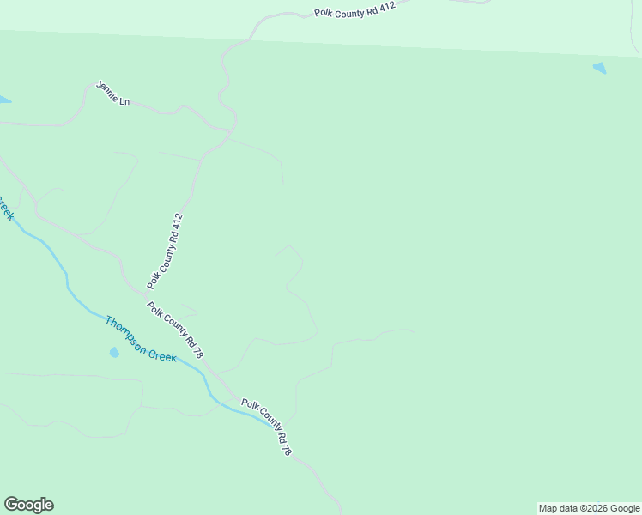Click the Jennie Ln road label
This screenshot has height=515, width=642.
(112, 94)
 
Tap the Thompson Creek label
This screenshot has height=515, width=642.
(141, 339)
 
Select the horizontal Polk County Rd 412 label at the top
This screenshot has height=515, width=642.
(355, 9)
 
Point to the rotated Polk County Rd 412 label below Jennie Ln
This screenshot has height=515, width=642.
(166, 251)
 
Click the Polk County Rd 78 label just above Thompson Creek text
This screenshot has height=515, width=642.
(175, 330)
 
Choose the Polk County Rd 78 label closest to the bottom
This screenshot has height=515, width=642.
(267, 427)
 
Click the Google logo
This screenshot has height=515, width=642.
(28, 505)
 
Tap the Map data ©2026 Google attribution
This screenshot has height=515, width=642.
(589, 508)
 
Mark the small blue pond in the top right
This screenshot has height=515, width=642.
(599, 68)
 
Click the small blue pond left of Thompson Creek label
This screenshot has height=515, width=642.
(114, 352)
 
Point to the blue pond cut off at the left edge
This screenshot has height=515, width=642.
(3, 100)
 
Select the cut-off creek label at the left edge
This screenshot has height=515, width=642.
(6, 209)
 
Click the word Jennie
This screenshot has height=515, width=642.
(107, 92)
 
